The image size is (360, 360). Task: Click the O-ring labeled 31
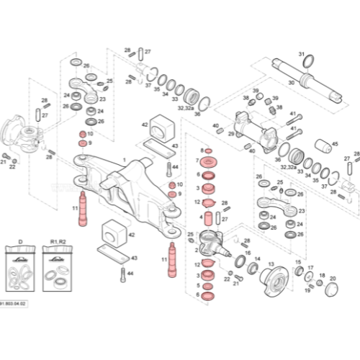point(307,63)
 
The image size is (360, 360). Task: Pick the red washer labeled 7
point(211,159)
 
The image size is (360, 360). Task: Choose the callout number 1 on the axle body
point(124,160)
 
